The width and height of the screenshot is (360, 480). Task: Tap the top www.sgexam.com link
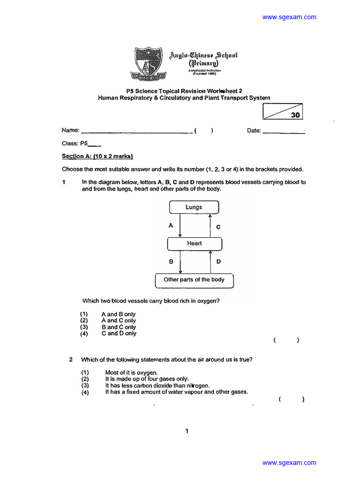289,17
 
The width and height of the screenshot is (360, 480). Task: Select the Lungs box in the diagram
194,207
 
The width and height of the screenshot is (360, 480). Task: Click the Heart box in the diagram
194,244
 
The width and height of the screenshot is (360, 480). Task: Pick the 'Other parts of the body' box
194,280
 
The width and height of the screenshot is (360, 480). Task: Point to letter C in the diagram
218,227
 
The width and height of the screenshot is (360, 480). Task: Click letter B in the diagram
171,262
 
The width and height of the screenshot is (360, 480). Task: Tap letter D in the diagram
218,262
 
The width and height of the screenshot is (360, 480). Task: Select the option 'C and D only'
119,334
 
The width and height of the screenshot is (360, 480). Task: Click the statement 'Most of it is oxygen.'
128,373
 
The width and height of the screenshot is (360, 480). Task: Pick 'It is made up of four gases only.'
147,379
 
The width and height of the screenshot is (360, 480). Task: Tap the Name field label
70,131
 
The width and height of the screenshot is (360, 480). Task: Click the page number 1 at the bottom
187,431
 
